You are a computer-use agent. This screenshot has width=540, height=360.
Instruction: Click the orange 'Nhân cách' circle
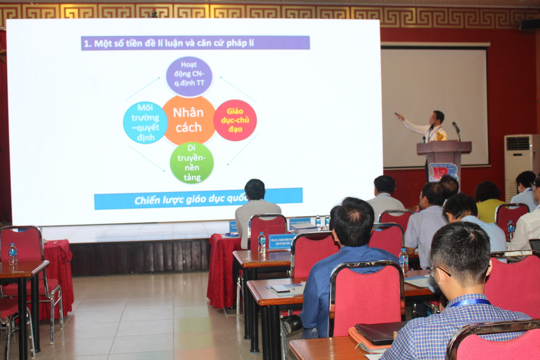point(188,120)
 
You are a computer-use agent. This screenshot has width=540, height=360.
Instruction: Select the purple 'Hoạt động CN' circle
point(189,76)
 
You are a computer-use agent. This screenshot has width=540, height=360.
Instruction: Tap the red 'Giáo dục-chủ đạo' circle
point(235,120)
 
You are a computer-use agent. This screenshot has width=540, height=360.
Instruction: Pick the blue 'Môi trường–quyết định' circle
point(145,122)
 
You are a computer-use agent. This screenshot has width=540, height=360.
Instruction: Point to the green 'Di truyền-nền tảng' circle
point(191,163)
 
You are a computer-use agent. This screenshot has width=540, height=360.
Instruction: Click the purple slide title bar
point(195,43)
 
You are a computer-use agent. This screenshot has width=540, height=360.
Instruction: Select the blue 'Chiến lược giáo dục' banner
point(198,199)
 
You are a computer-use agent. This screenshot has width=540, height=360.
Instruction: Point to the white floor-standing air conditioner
point(518,163)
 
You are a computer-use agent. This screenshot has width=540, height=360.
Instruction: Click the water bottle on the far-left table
point(13,254)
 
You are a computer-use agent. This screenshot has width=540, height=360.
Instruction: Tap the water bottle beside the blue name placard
point(262,242)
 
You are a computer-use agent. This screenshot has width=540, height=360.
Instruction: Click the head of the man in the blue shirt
point(352,223)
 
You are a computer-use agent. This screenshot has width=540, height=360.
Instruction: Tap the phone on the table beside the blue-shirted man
point(281,289)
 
